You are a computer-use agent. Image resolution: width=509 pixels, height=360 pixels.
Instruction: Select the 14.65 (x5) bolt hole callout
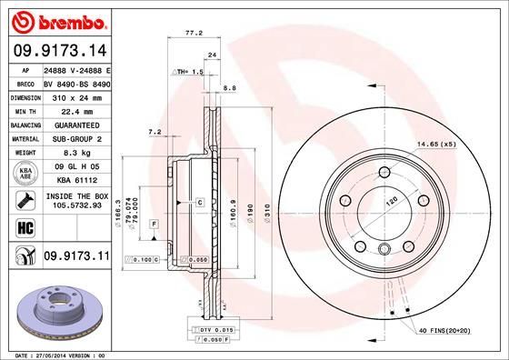click(434, 144)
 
